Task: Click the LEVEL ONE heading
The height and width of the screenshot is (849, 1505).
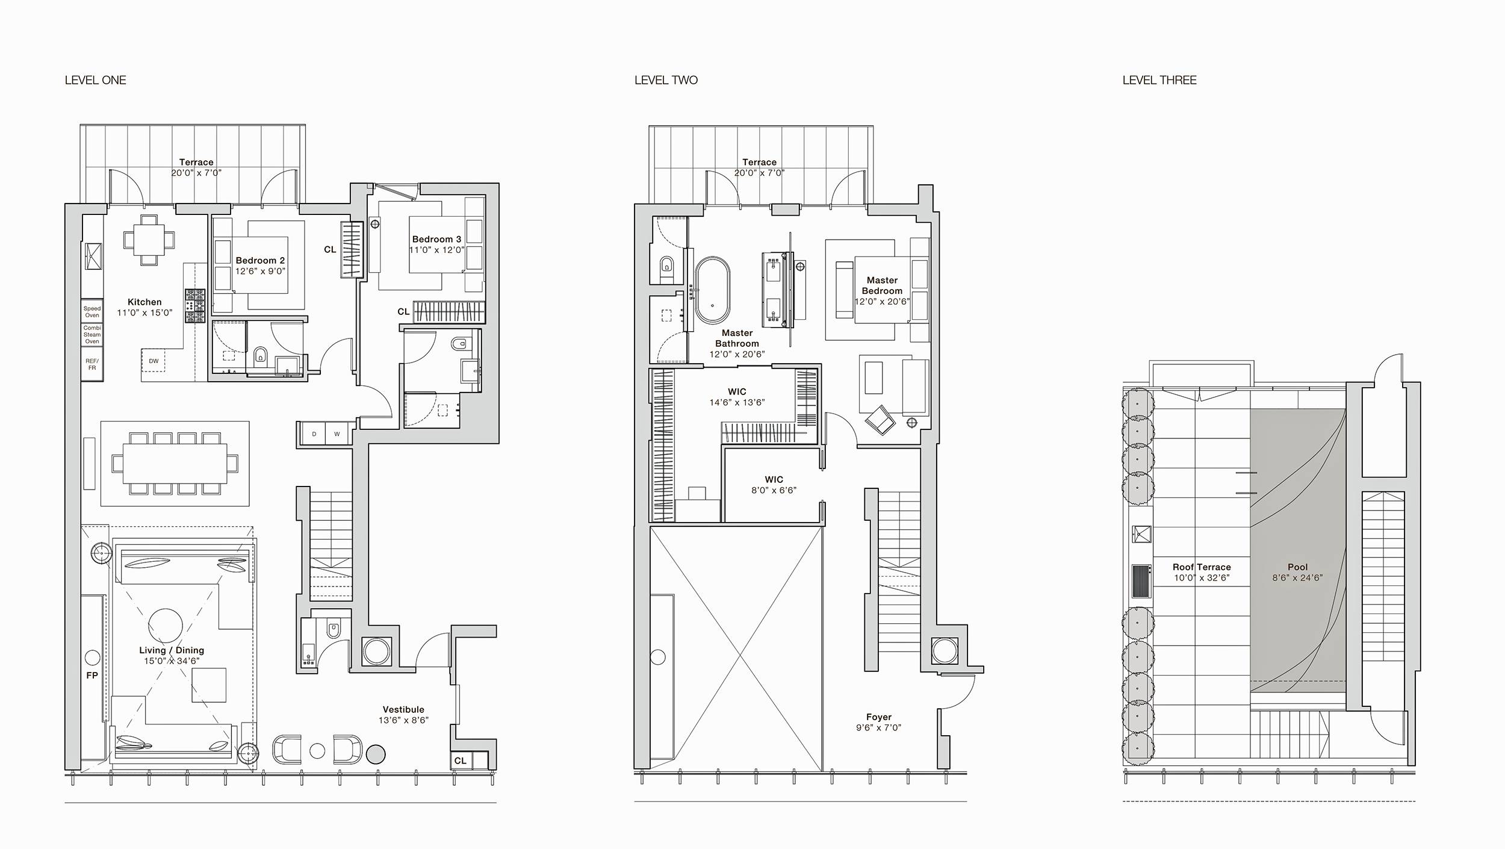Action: pos(95,80)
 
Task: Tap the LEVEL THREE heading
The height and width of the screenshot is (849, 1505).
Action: pos(1159,80)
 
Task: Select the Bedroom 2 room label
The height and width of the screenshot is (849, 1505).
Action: pos(260,261)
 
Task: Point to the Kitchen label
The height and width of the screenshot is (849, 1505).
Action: pos(144,302)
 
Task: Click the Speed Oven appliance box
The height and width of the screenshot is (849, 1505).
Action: pos(92,312)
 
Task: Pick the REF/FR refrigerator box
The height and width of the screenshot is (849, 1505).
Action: pos(92,364)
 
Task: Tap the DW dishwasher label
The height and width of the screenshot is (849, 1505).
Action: pos(154,361)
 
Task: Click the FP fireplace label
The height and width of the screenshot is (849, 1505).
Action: pos(92,676)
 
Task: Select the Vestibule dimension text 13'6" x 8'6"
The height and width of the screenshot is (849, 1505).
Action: pos(403,720)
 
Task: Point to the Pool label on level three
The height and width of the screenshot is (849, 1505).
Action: pos(1297,567)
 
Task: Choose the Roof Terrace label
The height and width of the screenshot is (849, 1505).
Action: pos(1202,567)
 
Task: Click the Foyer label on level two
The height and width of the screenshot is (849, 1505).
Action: pos(879,717)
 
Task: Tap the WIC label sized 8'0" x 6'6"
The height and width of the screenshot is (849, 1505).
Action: pos(774,480)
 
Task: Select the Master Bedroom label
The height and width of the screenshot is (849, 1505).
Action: pos(882,285)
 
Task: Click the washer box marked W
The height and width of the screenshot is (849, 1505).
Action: pos(337,434)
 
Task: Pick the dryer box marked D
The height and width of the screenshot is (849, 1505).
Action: pos(314,434)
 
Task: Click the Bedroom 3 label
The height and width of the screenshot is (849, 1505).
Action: pos(436,240)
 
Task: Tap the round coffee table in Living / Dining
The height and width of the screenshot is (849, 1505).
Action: pos(166,626)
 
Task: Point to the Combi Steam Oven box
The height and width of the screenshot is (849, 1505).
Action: pos(92,335)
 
